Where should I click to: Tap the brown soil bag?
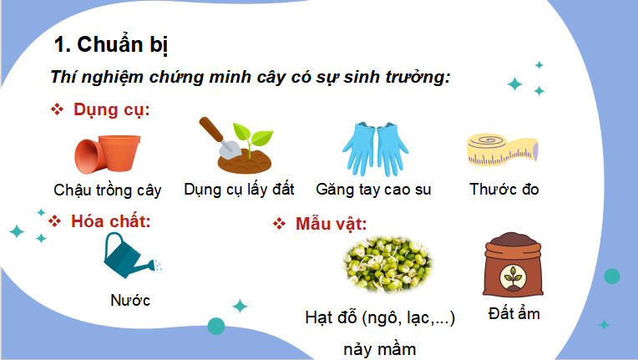pos(512,266)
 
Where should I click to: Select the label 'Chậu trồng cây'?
pos(107,190)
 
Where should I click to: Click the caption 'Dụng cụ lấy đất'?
pos(239,189)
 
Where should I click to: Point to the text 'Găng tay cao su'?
pos(373,189)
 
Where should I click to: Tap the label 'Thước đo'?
pos(504,189)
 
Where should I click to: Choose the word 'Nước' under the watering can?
pos(130,300)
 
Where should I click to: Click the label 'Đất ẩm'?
pos(514,314)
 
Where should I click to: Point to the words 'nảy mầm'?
pos(380,348)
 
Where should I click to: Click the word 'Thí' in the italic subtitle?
pos(62,77)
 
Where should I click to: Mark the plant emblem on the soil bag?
pos(511,276)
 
